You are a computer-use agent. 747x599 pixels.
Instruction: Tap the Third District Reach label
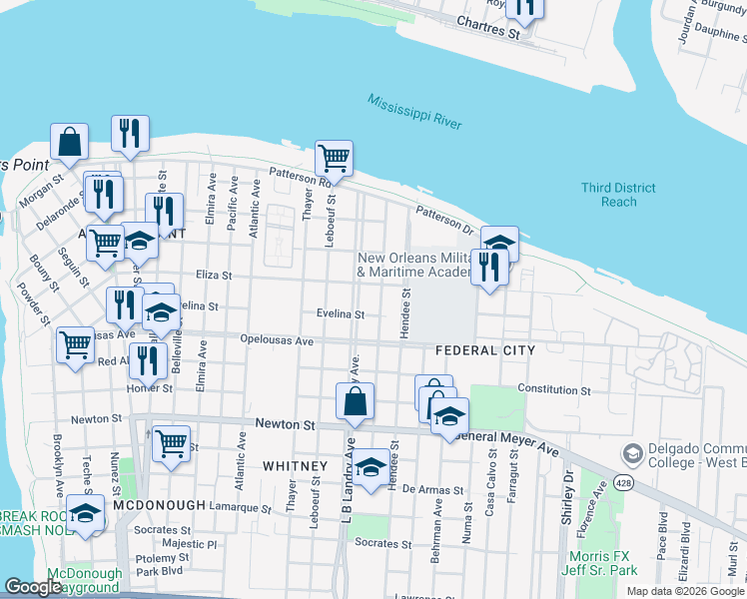[x=618, y=195]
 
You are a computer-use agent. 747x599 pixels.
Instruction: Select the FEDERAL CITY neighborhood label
[x=485, y=350]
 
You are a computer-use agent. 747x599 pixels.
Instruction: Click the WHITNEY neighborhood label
[x=295, y=466]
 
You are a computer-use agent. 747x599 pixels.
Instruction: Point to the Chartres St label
[x=489, y=26]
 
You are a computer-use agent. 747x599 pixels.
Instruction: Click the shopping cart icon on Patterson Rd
[x=334, y=158]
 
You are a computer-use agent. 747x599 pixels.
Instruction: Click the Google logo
[x=33, y=586]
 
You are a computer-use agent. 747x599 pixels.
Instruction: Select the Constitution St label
[x=554, y=388]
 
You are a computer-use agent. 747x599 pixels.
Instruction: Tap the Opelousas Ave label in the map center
[x=277, y=340]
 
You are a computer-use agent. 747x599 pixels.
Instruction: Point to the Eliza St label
[x=214, y=275]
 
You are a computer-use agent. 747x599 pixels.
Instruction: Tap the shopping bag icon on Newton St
[x=355, y=402]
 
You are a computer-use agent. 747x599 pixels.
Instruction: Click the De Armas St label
[x=433, y=490]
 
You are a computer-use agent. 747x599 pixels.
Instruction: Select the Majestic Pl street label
[x=189, y=544]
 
